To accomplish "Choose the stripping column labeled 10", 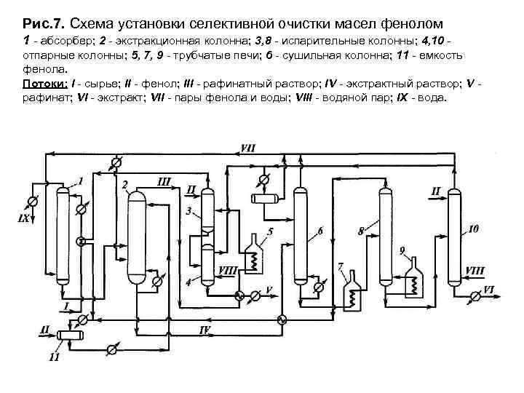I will (454, 233).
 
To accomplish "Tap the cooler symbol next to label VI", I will (475, 295).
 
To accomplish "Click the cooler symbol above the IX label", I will (31, 201).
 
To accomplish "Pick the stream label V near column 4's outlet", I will (269, 290).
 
